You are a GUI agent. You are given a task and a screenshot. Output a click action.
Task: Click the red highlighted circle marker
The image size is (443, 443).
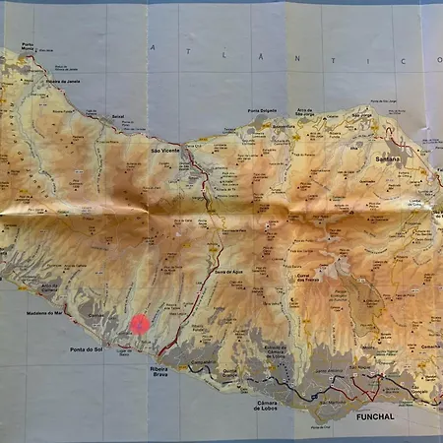click(141, 323)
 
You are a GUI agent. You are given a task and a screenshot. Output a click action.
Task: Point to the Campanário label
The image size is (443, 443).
click(203, 363)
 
